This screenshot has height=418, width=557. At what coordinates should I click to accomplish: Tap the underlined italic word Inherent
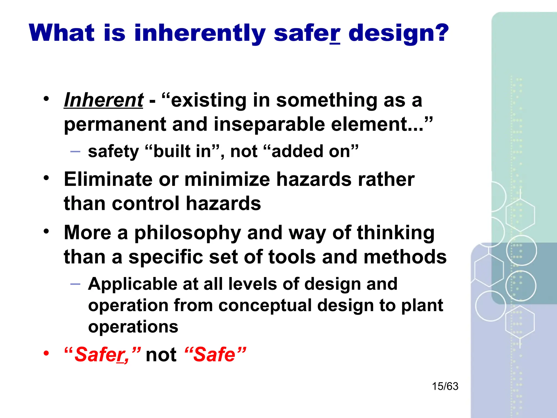click(x=103, y=100)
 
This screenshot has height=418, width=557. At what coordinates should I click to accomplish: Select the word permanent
click(x=115, y=125)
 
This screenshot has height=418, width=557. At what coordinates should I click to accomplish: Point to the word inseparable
click(x=270, y=125)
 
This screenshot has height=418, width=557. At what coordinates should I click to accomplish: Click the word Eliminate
click(x=108, y=180)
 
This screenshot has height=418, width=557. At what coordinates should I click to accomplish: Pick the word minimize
click(x=227, y=180)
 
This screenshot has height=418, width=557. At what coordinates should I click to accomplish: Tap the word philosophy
click(x=188, y=233)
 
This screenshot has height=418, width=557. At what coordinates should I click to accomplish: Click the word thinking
click(x=395, y=233)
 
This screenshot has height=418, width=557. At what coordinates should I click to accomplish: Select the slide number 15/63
click(x=445, y=386)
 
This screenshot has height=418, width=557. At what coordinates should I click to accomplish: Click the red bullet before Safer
click(x=47, y=354)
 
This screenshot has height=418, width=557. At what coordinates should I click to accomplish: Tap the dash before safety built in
click(x=75, y=152)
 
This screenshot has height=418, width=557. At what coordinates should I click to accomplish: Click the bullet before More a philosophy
click(x=47, y=232)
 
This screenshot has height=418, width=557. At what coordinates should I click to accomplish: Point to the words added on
click(x=311, y=152)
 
